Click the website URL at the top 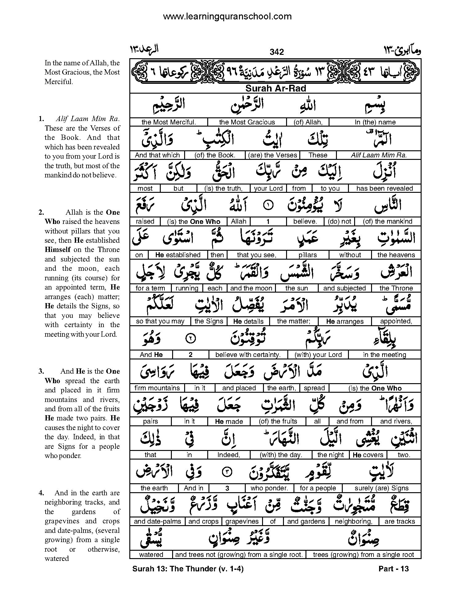coord(227,16)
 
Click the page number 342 coord(276,52)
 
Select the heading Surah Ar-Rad coord(276,88)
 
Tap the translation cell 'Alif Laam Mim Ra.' coord(379,155)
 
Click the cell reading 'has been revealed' coord(384,189)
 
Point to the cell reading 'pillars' coord(307,255)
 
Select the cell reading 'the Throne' coord(396,288)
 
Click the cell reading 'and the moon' coord(251,288)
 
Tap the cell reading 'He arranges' coord(345,322)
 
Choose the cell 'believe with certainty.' coord(248,355)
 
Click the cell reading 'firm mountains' coord(157,388)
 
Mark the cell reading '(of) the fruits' coord(278,421)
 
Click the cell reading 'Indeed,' coord(228,455)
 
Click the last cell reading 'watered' coord(151,555)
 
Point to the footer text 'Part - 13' coord(394,569)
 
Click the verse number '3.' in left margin coord(41,371)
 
